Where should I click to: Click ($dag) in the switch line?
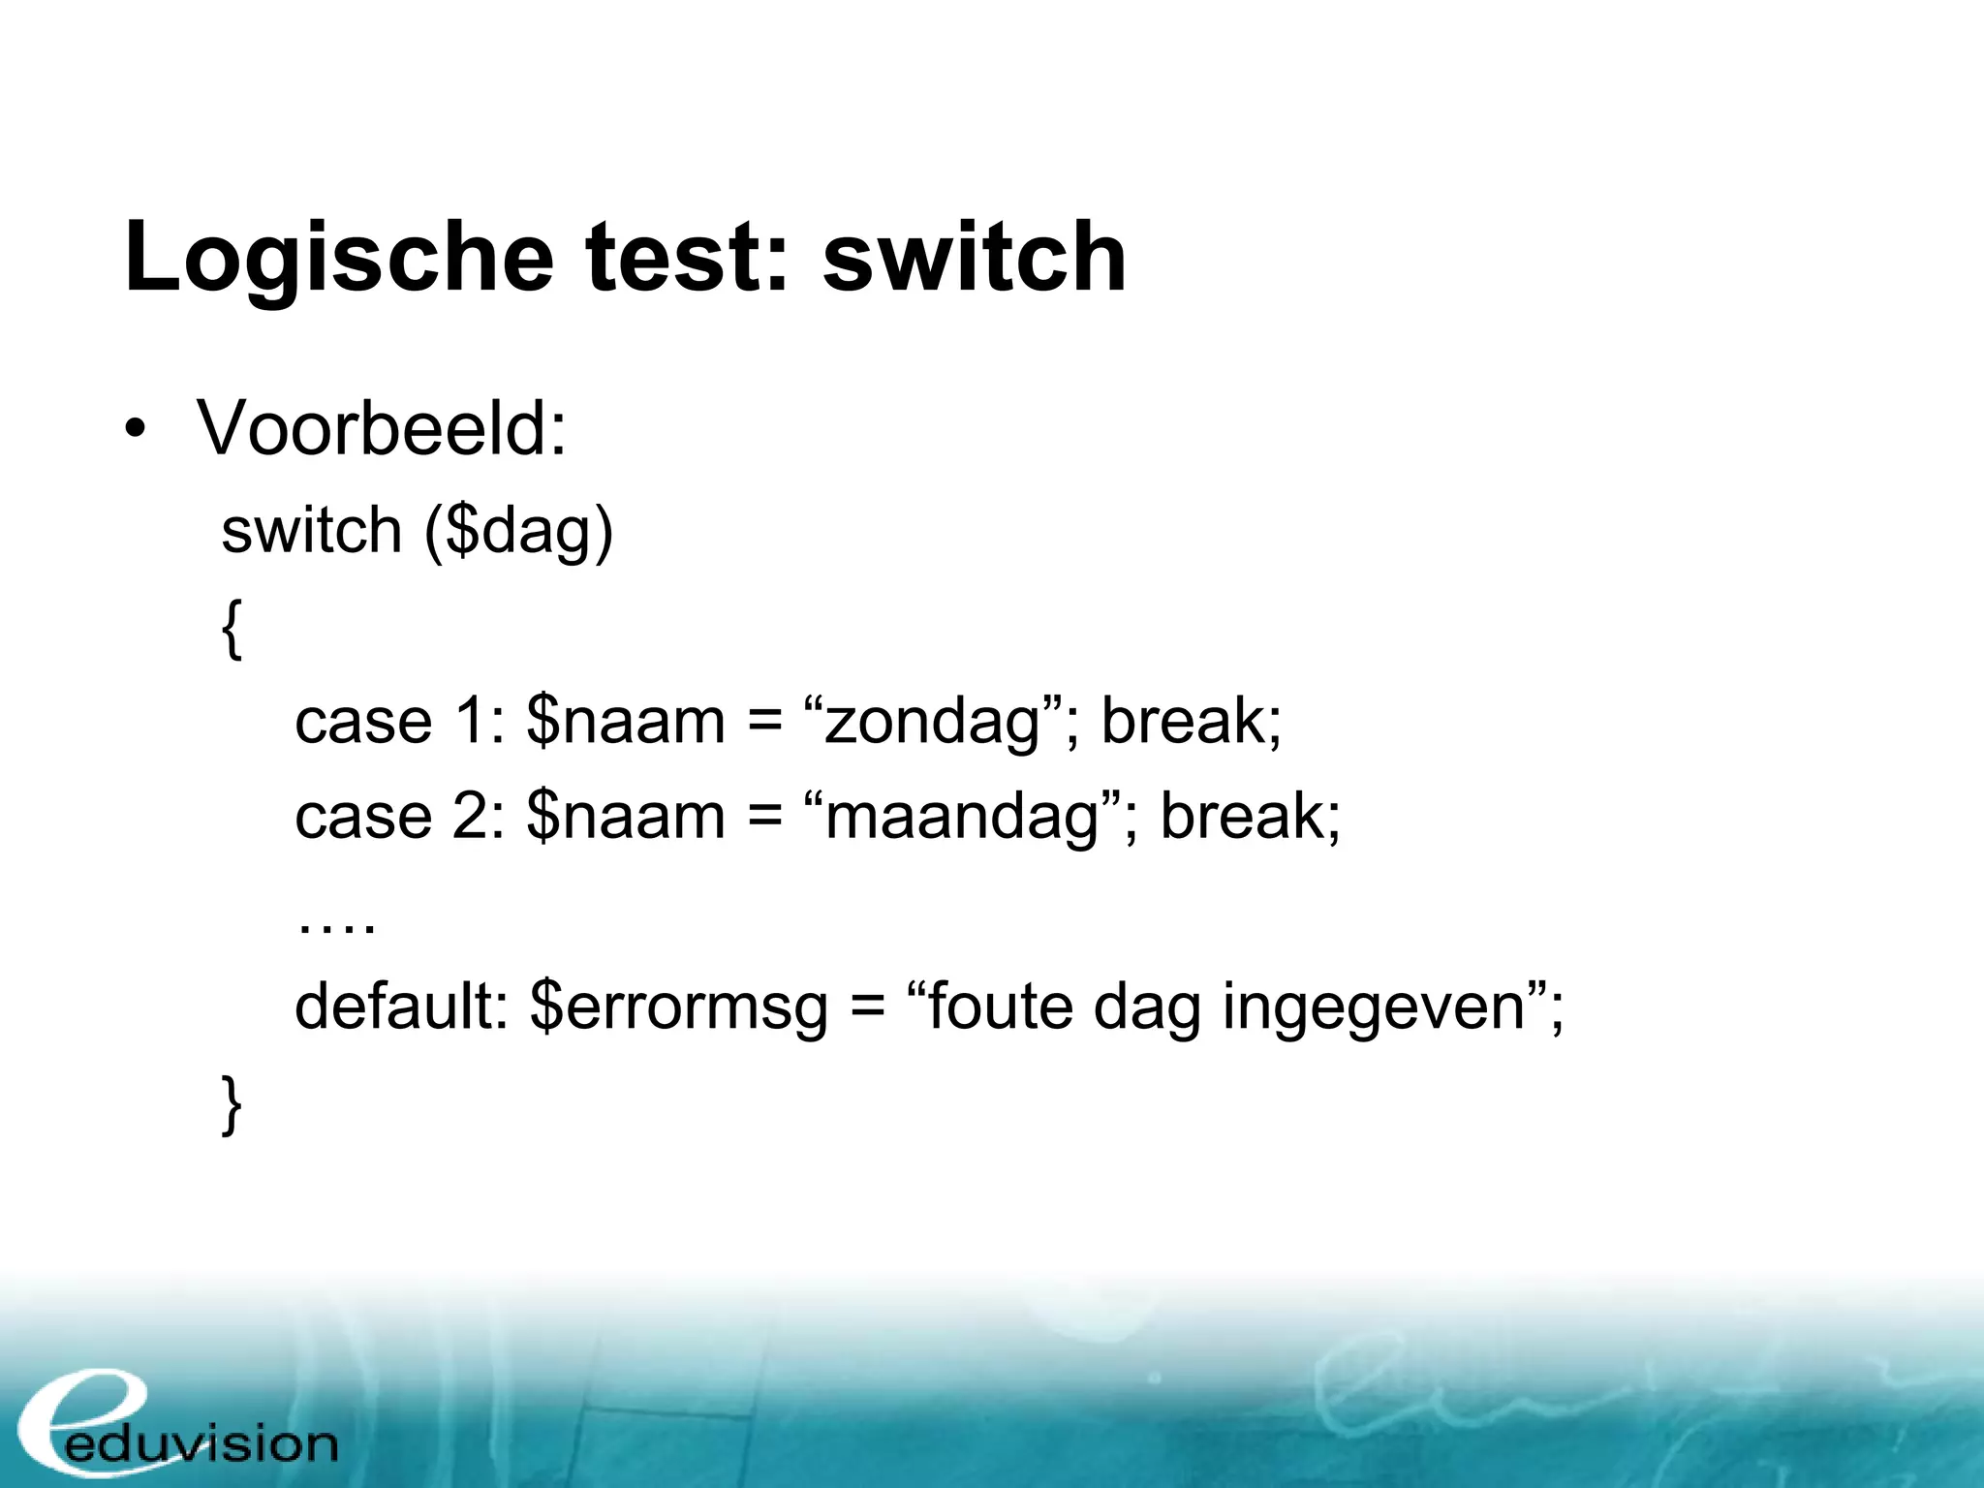tap(518, 532)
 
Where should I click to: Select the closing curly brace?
tap(232, 1103)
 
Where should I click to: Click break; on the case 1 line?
tap(1192, 722)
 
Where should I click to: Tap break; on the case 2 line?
tap(1251, 817)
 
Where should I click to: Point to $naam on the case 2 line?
tap(626, 817)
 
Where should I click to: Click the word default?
tap(401, 1007)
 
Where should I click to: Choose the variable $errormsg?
tap(678, 1008)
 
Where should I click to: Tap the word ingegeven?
tap(1376, 1008)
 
